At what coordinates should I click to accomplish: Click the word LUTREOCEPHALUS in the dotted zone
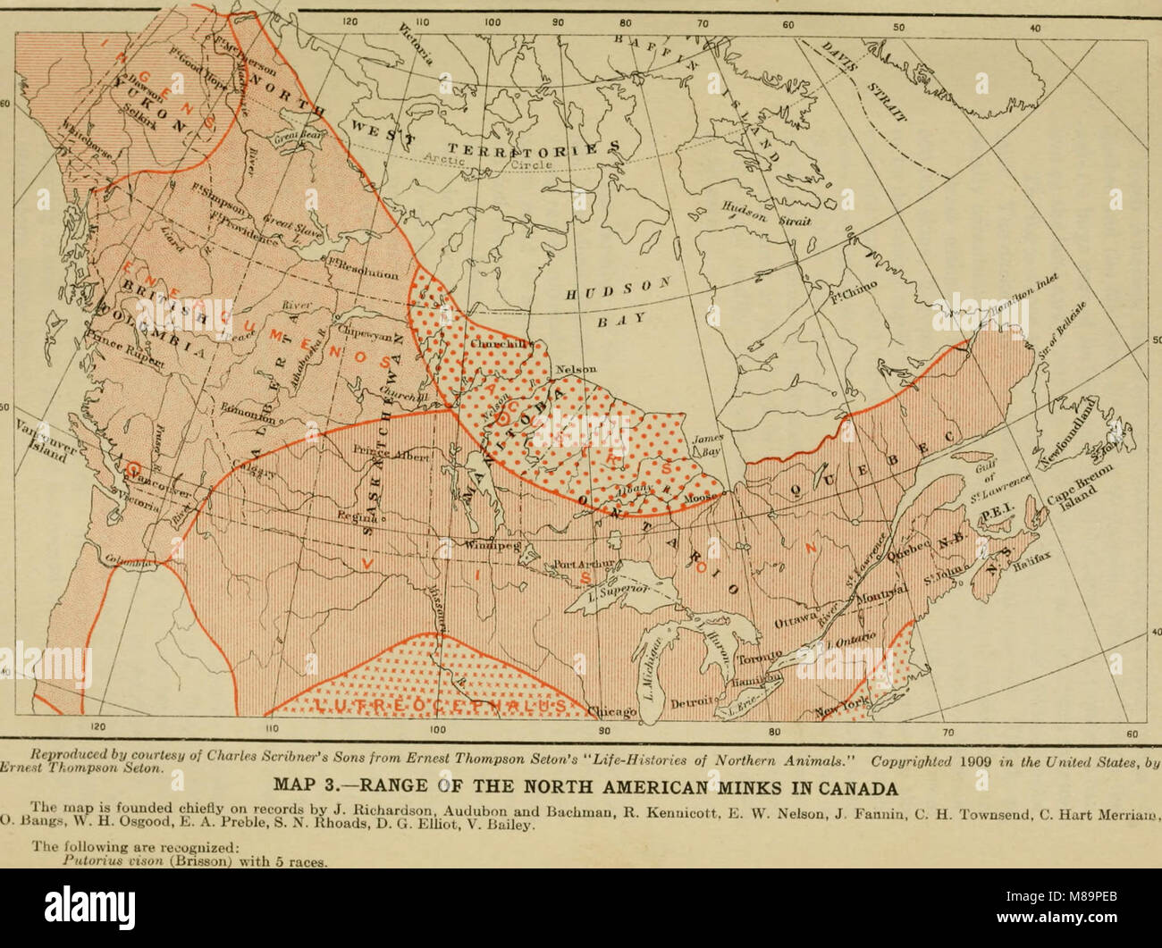tap(438, 706)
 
